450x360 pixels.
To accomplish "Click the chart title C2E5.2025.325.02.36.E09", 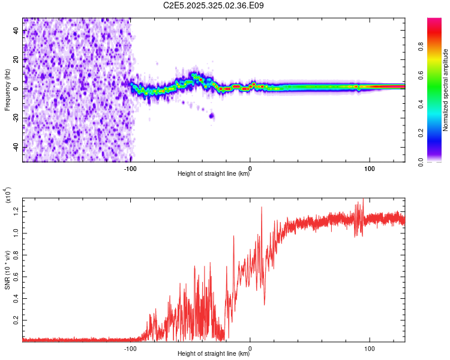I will pos(214,5).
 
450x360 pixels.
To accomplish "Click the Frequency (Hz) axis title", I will pos(7,89).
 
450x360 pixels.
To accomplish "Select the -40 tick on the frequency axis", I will pos(16,148).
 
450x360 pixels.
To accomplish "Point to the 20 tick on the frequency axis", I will pos(16,60).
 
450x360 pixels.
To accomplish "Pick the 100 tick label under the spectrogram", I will pos(370,168).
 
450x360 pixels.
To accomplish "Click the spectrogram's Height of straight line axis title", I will pos(214,174).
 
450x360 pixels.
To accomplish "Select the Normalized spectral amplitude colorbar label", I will pos(446,90).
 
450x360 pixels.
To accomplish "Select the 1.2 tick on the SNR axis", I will pos(16,210).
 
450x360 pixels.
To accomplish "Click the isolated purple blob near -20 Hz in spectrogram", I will pos(211,116).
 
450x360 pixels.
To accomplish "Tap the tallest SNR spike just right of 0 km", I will pos(262,208).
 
